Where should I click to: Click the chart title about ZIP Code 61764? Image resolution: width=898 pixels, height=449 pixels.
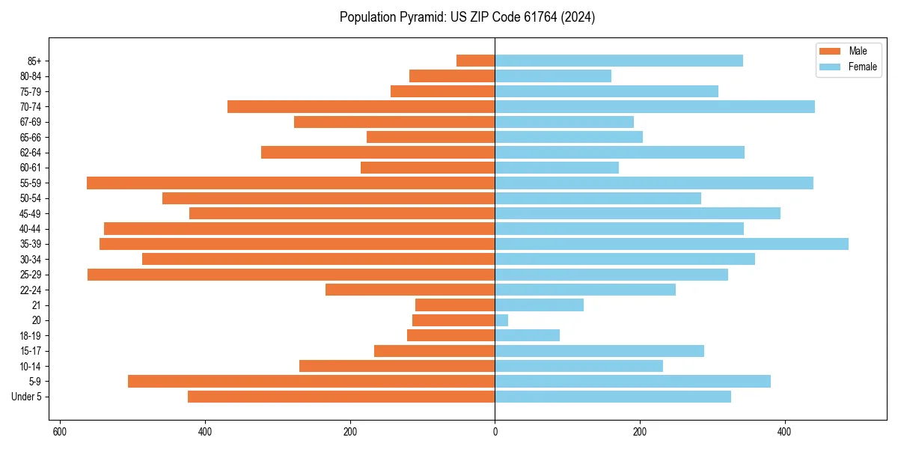click(467, 17)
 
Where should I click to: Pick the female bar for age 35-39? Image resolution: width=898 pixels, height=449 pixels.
click(671, 244)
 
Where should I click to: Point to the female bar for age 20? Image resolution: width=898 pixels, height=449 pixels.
click(501, 320)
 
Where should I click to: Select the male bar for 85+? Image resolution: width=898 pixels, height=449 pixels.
click(476, 61)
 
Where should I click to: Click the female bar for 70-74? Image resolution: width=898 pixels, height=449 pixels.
click(655, 106)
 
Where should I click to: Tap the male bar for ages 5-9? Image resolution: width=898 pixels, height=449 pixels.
click(311, 382)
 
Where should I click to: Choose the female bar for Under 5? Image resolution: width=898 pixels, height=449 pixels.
click(613, 397)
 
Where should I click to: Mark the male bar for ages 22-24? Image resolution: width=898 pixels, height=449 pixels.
click(410, 290)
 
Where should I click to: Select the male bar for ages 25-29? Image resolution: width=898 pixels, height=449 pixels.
click(291, 275)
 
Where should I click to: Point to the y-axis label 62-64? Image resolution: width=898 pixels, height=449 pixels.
click(31, 153)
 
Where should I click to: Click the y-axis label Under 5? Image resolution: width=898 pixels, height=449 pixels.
click(27, 397)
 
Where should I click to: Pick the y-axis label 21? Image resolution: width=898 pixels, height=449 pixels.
click(37, 305)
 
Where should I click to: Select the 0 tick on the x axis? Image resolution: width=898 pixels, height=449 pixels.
click(495, 433)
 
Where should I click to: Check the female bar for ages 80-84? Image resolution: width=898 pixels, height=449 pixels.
click(553, 76)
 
